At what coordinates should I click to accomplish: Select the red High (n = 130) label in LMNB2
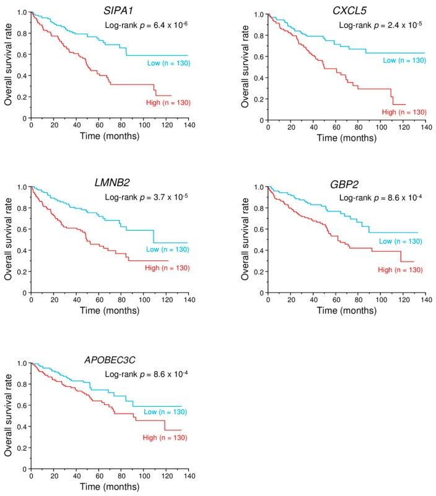click(168, 268)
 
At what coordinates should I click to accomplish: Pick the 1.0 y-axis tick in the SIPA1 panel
click(22, 12)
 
